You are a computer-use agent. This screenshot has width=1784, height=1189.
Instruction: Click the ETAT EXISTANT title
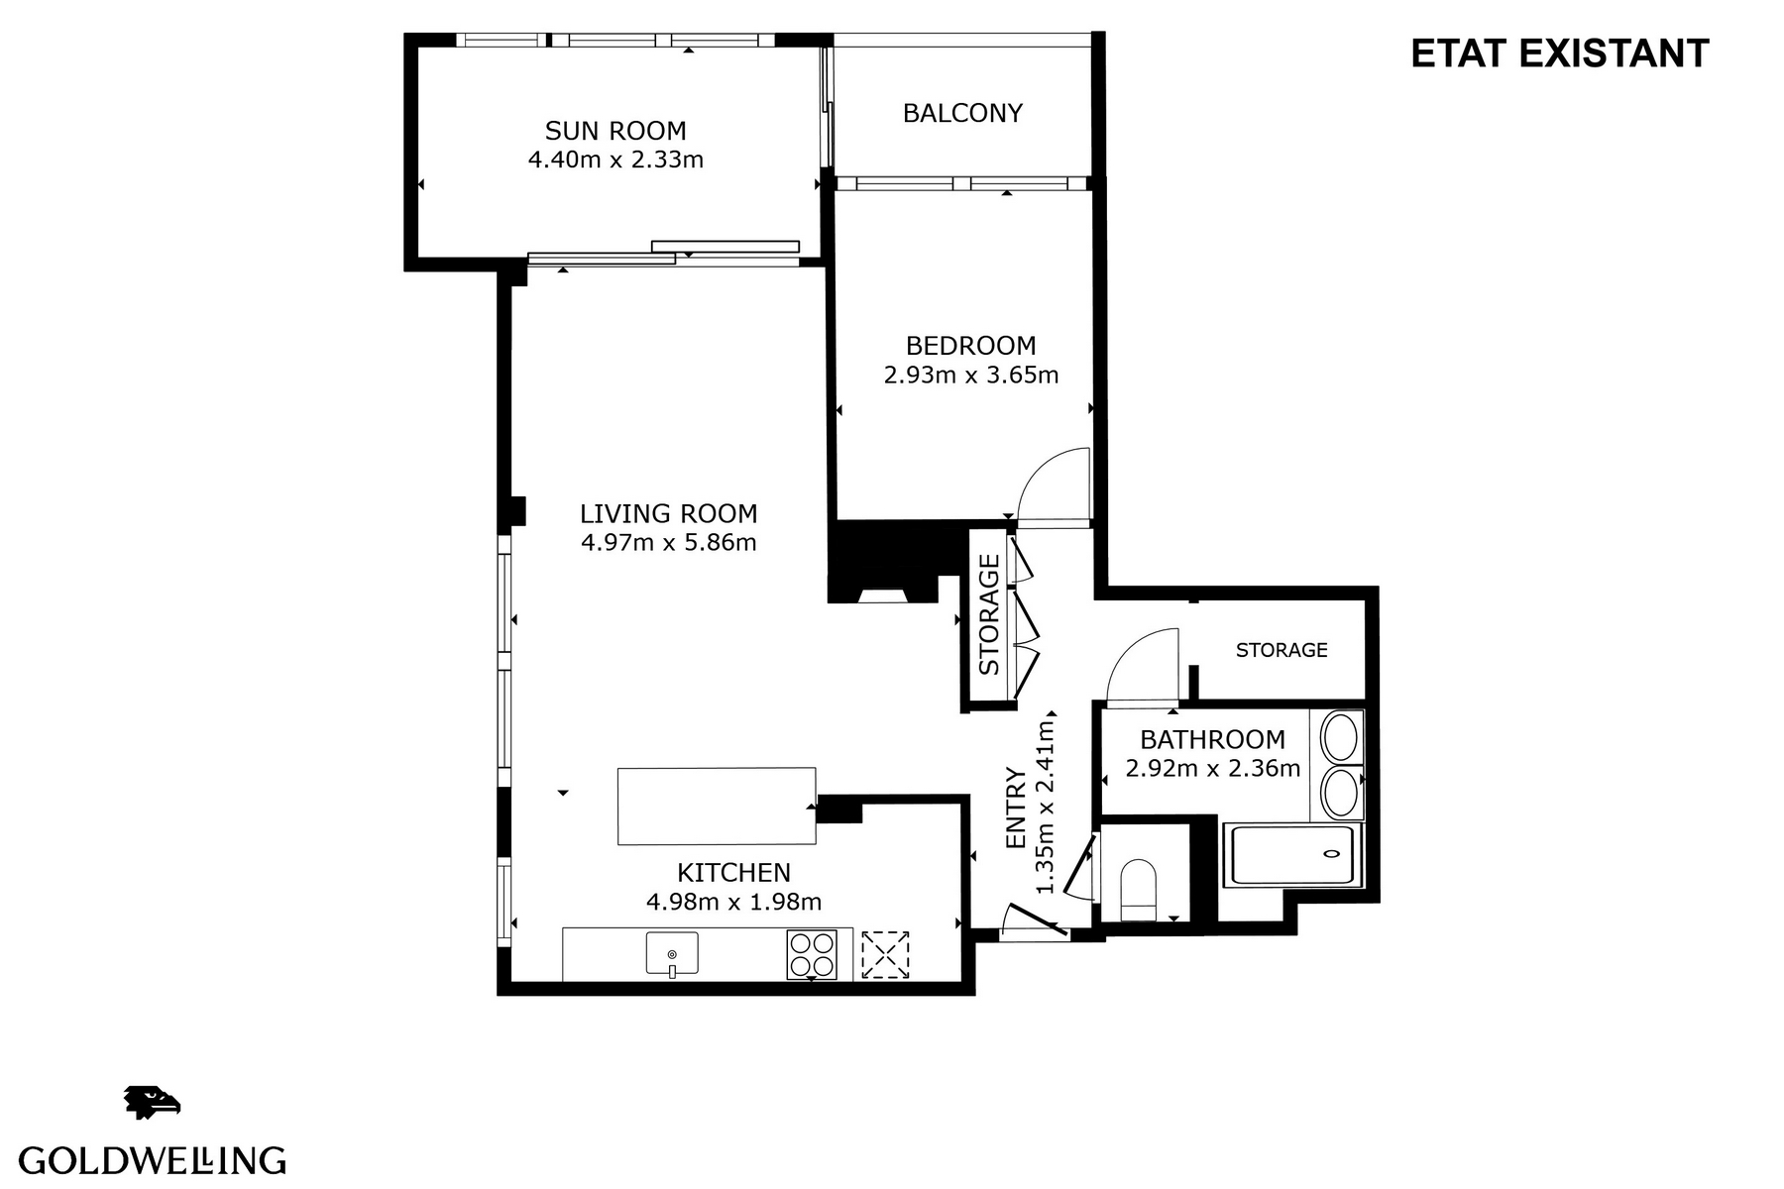pos(1559,54)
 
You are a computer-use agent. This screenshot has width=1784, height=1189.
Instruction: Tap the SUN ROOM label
pos(615,131)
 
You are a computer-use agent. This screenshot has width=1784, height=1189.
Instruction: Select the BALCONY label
pos(962,113)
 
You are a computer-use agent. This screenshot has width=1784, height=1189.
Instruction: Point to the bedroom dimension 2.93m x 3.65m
pos(971,376)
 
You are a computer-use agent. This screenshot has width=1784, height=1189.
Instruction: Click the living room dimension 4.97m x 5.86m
pos(669,543)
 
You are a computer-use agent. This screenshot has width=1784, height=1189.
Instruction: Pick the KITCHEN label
pos(733,873)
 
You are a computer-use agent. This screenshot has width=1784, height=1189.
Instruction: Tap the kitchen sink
pos(672,954)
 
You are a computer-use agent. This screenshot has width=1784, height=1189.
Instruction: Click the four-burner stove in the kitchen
pos(812,954)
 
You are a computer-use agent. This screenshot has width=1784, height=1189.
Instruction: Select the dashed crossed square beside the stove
pos(885,954)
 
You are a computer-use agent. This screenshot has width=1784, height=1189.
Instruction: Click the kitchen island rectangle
pos(717,806)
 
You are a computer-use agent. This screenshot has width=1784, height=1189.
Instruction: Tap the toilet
pos(1138,889)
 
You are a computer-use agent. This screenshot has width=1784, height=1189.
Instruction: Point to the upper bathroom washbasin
pos(1340,737)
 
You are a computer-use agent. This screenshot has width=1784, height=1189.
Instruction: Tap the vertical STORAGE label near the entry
pos(989,615)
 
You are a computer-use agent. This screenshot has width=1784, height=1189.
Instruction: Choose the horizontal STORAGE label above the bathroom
pos(1282,650)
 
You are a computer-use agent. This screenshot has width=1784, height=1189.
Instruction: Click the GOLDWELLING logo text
pos(153,1160)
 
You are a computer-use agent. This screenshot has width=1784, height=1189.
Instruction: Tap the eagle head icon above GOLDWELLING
pos(152,1102)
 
